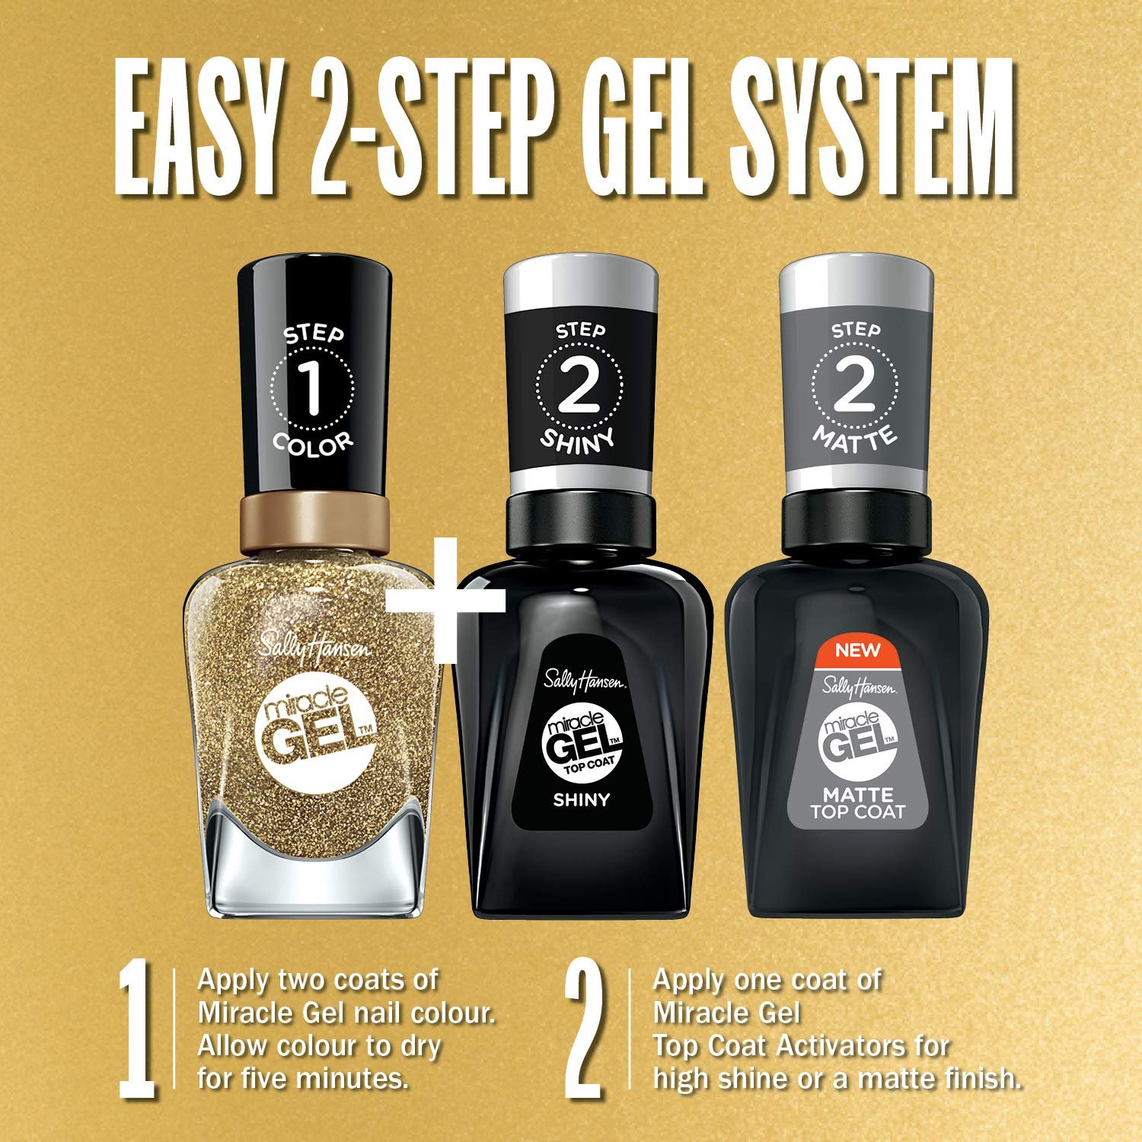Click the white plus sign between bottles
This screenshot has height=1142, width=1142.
445,598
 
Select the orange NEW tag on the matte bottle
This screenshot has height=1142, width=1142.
857,650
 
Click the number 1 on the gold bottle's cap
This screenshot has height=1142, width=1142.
313,389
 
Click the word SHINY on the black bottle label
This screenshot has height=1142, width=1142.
582,799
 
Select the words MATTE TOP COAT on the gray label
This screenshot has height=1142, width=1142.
857,805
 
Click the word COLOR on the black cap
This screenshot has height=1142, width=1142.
314,444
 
